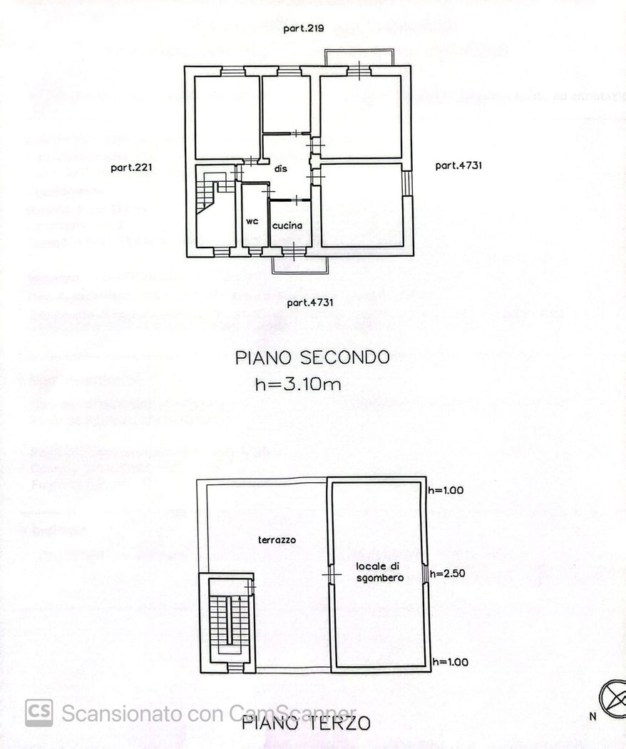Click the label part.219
coord(304,29)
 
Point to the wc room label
coord(252,221)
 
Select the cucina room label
coord(287,225)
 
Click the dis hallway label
coord(280,169)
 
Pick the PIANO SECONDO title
coord(312,357)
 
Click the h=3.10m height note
coord(298,384)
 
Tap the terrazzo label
coord(277,540)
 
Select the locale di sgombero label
coord(380,571)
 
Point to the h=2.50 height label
coord(448,573)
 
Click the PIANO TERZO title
coord(306,723)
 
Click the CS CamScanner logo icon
coord(39,713)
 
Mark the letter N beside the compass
coord(592,717)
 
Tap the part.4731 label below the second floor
coord(310,302)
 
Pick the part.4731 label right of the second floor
coord(458,165)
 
